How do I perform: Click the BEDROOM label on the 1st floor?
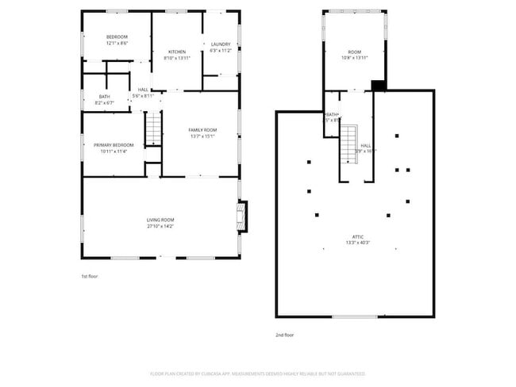117,36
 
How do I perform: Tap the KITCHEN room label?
176,52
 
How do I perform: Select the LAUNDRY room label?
220,44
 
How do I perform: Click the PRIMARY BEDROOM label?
114,145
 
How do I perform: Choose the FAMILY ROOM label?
202,130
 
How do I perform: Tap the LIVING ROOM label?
160,220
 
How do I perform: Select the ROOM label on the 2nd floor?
353,52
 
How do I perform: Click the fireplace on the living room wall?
242,216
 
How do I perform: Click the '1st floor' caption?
90,276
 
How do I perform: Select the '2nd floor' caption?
285,335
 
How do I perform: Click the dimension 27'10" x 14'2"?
160,226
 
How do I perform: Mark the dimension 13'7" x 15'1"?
202,136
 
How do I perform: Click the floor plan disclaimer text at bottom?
258,373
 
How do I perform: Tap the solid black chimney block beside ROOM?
379,85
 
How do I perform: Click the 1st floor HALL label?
143,90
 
